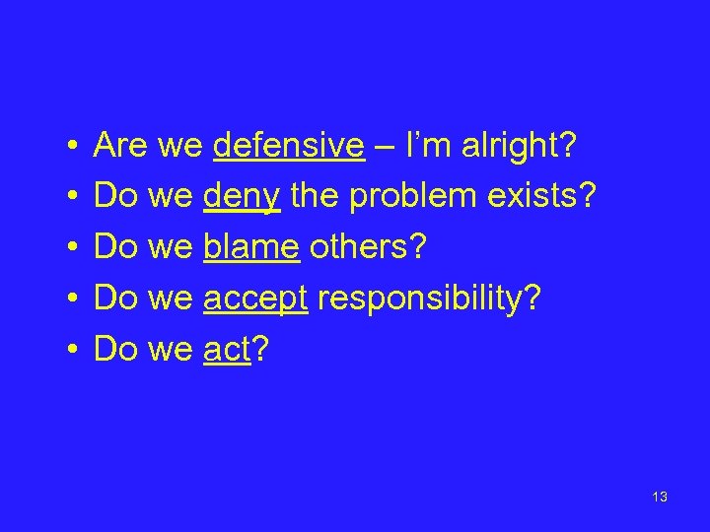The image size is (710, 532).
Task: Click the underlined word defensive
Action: (288, 147)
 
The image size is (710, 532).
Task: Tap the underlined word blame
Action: (251, 247)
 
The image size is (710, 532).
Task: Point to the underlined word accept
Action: (256, 298)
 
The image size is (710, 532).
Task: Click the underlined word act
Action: (227, 348)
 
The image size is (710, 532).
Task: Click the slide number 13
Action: (660, 497)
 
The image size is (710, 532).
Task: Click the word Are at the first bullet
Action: (120, 147)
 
